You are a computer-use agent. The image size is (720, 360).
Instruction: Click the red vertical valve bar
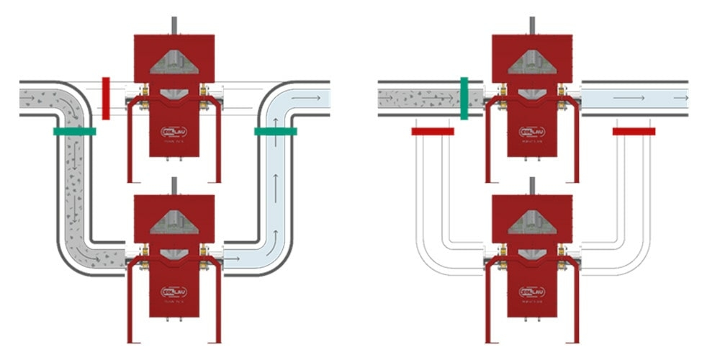pyautogui.click(x=106, y=98)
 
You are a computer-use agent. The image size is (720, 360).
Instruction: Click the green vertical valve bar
pyautogui.click(x=464, y=98)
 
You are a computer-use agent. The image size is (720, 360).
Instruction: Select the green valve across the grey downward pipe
pyautogui.click(x=74, y=131)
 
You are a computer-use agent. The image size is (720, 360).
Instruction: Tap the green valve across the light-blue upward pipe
pyautogui.click(x=275, y=131)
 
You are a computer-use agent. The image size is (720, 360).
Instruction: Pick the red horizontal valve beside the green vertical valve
pyautogui.click(x=433, y=131)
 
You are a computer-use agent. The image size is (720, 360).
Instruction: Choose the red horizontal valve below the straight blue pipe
pyautogui.click(x=634, y=131)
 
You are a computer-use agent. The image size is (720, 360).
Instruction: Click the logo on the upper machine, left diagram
pyautogui.click(x=174, y=131)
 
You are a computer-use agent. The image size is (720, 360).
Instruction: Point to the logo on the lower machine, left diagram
pyautogui.click(x=174, y=292)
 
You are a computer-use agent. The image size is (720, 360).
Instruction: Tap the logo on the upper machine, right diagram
pyautogui.click(x=532, y=131)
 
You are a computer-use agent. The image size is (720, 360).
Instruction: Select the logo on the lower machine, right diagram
pyautogui.click(x=532, y=292)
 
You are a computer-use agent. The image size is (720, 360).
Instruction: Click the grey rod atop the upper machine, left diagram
pyautogui.click(x=174, y=24)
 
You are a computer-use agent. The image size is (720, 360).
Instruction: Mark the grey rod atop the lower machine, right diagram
pyautogui.click(x=532, y=186)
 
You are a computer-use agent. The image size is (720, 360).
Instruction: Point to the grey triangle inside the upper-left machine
pyautogui.click(x=174, y=62)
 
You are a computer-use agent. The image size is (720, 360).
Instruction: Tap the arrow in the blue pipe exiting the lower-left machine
pyautogui.click(x=233, y=257)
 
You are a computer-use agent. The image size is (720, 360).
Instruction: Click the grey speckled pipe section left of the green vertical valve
pyautogui.click(x=418, y=97)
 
